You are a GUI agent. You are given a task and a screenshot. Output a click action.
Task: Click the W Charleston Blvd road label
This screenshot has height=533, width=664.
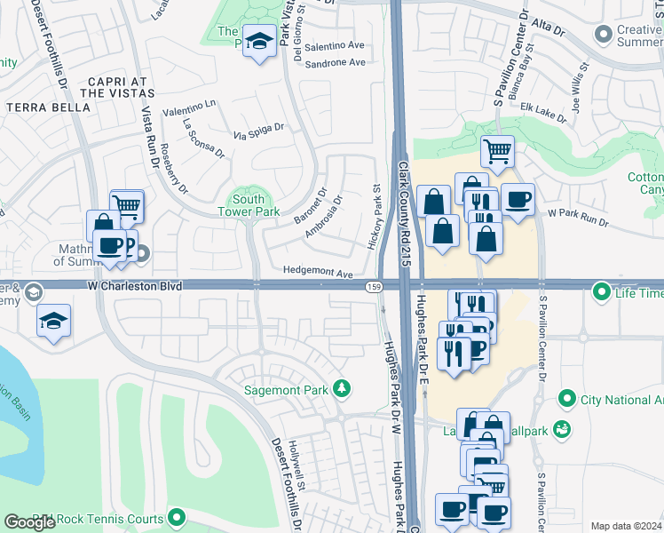(137, 286)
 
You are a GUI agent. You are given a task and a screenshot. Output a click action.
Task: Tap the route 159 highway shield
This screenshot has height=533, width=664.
(375, 286)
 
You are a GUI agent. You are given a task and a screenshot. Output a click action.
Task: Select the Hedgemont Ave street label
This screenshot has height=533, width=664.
(318, 273)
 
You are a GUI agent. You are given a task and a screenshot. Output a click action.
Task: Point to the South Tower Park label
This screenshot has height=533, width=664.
(249, 206)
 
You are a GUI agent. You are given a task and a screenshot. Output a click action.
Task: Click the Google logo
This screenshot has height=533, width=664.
(30, 522)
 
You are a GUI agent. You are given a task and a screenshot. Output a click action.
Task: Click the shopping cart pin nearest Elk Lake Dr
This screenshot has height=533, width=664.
(497, 150)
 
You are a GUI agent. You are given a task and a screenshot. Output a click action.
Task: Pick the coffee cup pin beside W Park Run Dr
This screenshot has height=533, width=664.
(518, 199)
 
